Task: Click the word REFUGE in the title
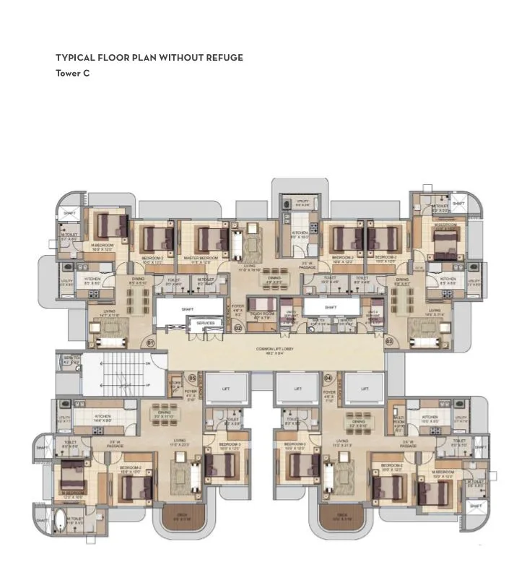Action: (225, 58)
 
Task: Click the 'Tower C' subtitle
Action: (72, 73)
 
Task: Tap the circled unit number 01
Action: (151, 342)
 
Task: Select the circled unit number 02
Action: (238, 328)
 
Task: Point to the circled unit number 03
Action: (389, 341)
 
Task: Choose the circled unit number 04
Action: (328, 377)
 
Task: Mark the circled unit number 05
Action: (192, 377)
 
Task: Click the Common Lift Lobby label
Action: (274, 351)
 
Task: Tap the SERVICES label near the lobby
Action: (206, 323)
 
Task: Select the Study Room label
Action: (261, 314)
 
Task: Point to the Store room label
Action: (175, 384)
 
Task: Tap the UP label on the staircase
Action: (148, 384)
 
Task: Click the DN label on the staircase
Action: (148, 363)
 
